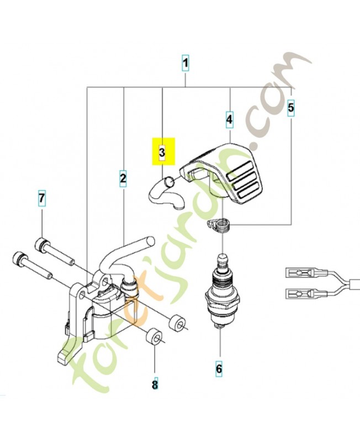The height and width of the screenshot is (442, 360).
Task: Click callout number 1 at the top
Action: click(x=186, y=64)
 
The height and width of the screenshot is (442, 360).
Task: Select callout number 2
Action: click(x=123, y=178)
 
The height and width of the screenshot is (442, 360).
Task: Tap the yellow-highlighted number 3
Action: click(x=162, y=152)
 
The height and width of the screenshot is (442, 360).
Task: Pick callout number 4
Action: click(x=229, y=118)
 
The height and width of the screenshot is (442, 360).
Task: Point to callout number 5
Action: click(x=291, y=107)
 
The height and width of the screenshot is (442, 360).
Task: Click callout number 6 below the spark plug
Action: click(x=219, y=367)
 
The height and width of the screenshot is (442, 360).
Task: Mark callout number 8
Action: click(x=155, y=383)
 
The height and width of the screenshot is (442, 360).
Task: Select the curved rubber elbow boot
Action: click(x=165, y=193)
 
